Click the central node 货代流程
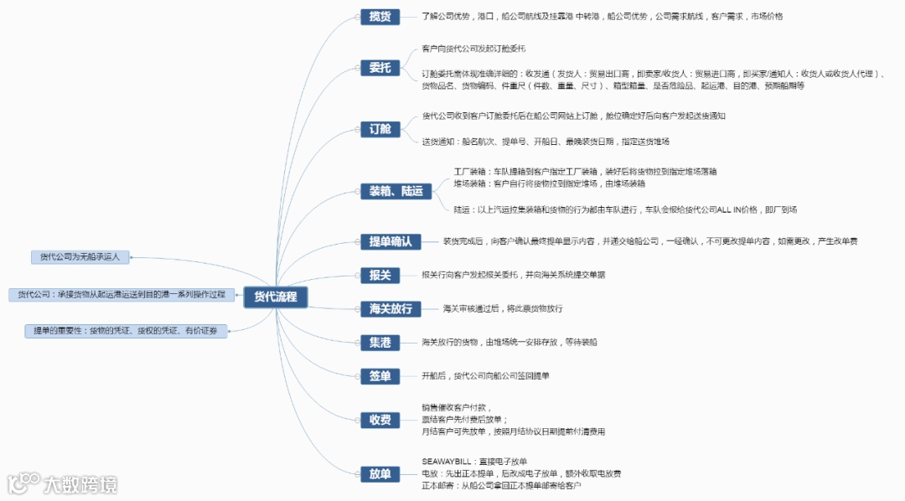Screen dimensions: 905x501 (x=276, y=297)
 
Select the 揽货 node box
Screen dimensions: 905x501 (x=380, y=16)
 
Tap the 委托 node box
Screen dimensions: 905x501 (x=380, y=68)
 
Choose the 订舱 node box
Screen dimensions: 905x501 (x=380, y=129)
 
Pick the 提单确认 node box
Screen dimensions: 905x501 (x=390, y=241)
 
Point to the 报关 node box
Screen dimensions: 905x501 (x=380, y=275)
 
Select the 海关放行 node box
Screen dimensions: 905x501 (x=390, y=308)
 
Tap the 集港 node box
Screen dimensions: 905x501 (x=380, y=342)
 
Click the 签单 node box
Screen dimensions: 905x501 (x=380, y=376)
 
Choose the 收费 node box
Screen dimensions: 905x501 (x=380, y=420)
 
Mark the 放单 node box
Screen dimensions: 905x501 (x=380, y=473)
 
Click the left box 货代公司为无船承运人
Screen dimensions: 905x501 (x=80, y=257)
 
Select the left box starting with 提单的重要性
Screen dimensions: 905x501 (x=125, y=331)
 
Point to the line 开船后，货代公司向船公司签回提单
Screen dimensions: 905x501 (x=485, y=376)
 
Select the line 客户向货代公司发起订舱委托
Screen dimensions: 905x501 (x=479, y=49)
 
